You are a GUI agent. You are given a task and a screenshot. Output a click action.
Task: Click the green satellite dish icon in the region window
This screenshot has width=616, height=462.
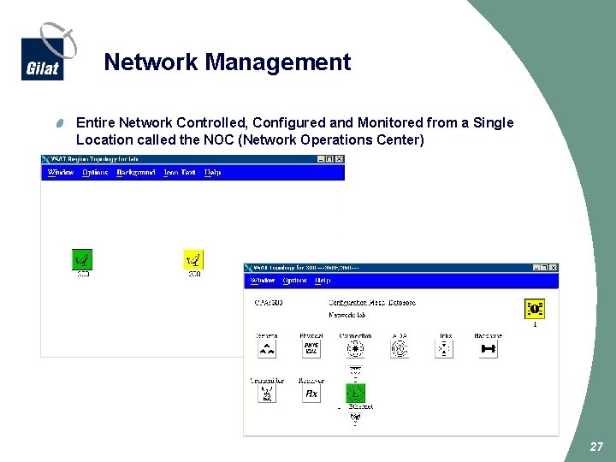pos(82,259)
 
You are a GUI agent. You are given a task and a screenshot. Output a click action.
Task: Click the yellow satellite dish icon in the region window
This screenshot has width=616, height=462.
pos(194,259)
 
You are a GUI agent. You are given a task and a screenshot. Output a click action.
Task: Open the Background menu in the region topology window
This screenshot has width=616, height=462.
pos(135,173)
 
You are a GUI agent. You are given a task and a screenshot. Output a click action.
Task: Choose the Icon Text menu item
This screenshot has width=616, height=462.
pos(179,173)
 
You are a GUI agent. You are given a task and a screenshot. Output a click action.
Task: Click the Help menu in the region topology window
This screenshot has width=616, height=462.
pos(212,173)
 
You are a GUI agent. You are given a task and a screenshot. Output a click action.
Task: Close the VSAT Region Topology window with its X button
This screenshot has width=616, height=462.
pos(339,159)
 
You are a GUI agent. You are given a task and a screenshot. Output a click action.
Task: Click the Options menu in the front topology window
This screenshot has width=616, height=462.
pos(294,281)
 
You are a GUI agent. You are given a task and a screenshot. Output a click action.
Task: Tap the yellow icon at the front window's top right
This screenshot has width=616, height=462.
pos(535,309)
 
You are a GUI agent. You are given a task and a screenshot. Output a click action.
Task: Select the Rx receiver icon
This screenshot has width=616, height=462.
pos(311,393)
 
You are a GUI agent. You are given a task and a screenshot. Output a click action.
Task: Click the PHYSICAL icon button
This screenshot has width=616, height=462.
pos(311,348)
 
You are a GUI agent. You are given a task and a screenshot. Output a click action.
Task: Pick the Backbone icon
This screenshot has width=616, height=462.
pos(489,348)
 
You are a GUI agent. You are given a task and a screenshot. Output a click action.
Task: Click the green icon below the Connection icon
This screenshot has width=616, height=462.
pos(355,393)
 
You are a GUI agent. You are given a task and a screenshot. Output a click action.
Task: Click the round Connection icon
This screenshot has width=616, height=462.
pos(355,348)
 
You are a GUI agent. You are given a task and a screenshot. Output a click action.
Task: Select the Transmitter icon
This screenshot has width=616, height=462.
pos(267,393)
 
